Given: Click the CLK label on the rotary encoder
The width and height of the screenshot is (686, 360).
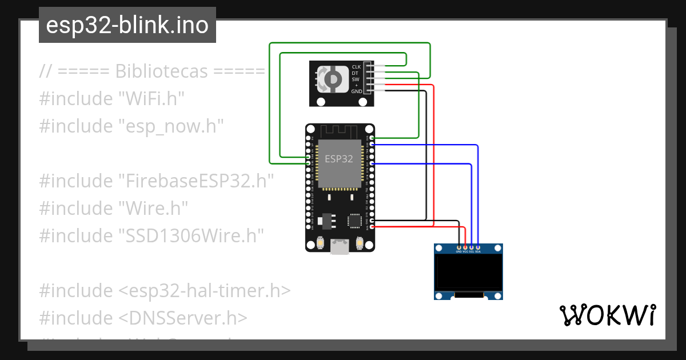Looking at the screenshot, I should click(x=356, y=67).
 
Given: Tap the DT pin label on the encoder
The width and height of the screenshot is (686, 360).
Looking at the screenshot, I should click(x=356, y=73).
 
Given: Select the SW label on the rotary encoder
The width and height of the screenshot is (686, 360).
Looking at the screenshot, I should click(x=356, y=79).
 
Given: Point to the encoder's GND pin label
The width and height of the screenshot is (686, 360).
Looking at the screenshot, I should click(x=356, y=91).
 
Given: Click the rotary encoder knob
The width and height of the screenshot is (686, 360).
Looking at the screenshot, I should click(x=332, y=79).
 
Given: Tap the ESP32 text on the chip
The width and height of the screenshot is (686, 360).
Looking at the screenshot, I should click(x=339, y=159).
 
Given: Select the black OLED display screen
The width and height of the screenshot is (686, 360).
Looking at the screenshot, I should click(x=469, y=272).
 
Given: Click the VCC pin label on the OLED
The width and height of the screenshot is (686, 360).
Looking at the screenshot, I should click(x=465, y=251).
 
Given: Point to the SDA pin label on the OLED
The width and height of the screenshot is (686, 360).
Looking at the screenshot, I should click(x=478, y=251).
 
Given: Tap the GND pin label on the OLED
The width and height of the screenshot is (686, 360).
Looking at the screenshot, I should click(x=458, y=251).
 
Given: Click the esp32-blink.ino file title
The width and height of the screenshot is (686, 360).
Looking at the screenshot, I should click(x=127, y=25).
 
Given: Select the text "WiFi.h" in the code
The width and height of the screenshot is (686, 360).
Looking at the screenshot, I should click(x=151, y=98).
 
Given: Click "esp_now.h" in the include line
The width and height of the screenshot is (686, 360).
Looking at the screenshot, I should click(x=171, y=126).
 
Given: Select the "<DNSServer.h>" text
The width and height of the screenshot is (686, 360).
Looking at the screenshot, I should click(x=183, y=318).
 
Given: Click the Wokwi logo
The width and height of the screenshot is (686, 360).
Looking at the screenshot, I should click(x=607, y=315).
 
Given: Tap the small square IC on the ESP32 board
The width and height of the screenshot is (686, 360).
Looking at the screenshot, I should click(x=354, y=220).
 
